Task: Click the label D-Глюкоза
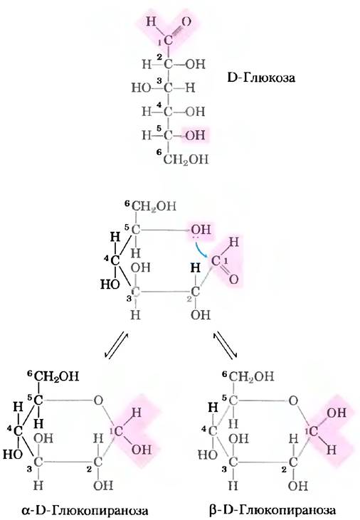click(x=261, y=78)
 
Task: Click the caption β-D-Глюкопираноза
click(x=272, y=510)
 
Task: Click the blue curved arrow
click(x=201, y=250)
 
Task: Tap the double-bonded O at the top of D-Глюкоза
click(x=186, y=22)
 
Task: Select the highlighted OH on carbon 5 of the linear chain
click(x=195, y=135)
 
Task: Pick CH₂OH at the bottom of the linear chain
click(x=186, y=159)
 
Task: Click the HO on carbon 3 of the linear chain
click(x=142, y=88)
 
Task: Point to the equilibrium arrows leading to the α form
click(x=116, y=344)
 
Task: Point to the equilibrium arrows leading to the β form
click(x=226, y=344)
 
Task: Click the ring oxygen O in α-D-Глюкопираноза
click(x=98, y=400)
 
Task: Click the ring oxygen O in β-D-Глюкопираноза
click(x=293, y=401)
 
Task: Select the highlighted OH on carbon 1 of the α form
click(x=142, y=450)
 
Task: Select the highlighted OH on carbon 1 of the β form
click(x=337, y=413)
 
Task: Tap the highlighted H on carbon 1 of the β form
click(x=332, y=450)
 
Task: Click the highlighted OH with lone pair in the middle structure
click(x=201, y=230)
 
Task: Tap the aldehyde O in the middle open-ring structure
click(x=233, y=280)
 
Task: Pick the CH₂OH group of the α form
click(x=56, y=376)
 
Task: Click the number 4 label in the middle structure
click(x=107, y=258)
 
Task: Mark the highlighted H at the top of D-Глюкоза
click(x=151, y=22)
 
